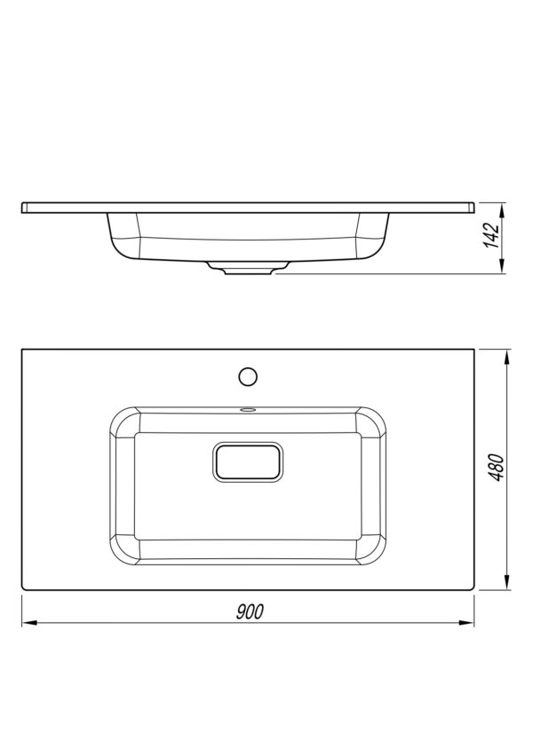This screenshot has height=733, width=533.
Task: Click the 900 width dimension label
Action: click(250, 611)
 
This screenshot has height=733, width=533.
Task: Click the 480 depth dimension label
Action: click(497, 467)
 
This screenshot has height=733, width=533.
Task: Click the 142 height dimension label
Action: click(491, 236)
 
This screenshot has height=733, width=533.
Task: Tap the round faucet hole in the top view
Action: click(248, 376)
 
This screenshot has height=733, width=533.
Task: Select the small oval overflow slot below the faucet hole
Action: click(247, 410)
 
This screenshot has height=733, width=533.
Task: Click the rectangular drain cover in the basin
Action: click(248, 461)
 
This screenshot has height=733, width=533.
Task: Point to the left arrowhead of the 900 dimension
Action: click(29, 623)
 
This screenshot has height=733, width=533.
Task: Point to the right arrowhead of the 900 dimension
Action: click(466, 623)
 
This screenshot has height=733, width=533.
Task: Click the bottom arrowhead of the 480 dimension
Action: click(507, 582)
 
